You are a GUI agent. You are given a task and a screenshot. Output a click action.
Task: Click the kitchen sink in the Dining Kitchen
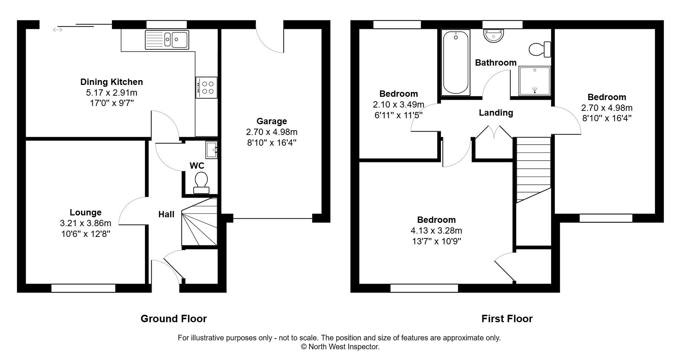tap(167, 39)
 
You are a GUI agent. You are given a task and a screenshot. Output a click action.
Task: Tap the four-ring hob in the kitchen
tap(207, 87)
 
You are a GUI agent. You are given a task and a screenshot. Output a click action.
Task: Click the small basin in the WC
tap(211, 150)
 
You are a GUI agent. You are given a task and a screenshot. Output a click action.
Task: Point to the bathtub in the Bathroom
tap(456, 62)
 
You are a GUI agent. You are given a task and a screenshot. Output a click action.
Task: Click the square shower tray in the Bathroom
tap(534, 80)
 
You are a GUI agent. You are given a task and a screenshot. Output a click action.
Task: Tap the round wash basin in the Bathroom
tap(494, 36)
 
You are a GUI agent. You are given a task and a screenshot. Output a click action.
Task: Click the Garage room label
tap(272, 121)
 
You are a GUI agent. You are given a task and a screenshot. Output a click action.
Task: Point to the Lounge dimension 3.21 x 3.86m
tap(85, 223)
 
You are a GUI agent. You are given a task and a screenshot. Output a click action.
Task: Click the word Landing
tap(496, 113)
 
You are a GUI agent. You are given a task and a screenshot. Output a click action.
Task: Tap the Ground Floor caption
tap(174, 318)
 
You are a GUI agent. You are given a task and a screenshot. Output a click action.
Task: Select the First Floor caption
tap(507, 318)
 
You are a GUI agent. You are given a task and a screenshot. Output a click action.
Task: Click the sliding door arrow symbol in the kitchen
tap(57, 30)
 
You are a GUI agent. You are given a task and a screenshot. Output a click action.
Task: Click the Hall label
tap(166, 214)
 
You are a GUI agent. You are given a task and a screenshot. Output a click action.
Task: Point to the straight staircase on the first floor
tap(533, 169)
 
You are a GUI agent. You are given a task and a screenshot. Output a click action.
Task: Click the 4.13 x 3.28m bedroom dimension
tap(436, 231)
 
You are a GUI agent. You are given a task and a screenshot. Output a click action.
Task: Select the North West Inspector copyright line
tap(340, 347)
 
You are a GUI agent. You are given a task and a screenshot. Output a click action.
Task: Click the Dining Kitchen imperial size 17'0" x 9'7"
tap(112, 103)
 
